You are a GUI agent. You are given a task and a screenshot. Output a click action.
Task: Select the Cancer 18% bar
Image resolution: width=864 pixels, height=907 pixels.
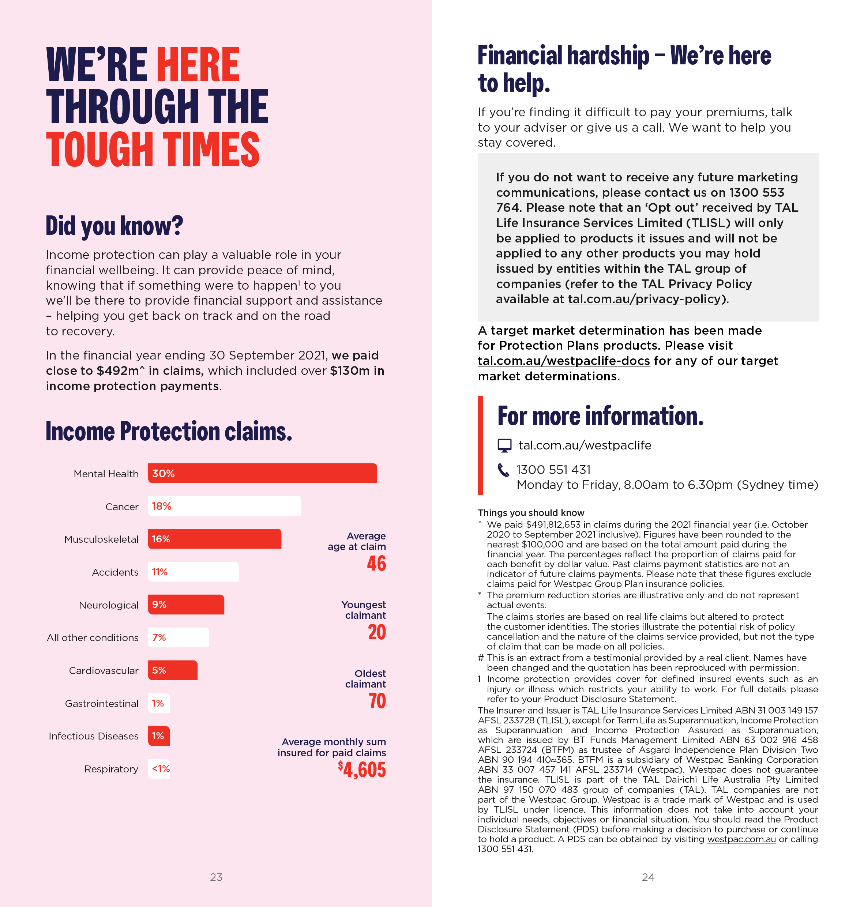click(224, 506)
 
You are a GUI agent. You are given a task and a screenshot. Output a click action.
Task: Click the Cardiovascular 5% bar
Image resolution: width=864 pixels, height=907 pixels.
click(172, 670)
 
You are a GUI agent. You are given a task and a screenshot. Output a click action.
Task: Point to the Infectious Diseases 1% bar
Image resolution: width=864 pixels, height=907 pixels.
click(158, 736)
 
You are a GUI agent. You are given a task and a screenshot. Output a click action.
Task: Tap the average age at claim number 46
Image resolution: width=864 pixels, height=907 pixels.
click(376, 564)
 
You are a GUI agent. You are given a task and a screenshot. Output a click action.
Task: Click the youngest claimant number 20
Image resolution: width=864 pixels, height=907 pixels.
click(376, 632)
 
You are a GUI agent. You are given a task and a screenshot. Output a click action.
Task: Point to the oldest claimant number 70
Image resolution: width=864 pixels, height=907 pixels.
click(377, 701)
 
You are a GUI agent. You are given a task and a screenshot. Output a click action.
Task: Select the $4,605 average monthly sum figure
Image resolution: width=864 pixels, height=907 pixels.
click(362, 769)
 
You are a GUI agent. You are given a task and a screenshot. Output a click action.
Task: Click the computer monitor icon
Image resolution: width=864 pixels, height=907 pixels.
click(504, 445)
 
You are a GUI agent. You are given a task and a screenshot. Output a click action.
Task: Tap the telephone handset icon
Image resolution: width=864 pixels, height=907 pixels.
click(503, 470)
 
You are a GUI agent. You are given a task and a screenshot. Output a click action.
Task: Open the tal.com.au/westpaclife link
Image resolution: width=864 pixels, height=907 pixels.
click(585, 445)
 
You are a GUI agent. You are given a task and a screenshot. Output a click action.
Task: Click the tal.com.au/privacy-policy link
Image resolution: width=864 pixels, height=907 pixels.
click(644, 299)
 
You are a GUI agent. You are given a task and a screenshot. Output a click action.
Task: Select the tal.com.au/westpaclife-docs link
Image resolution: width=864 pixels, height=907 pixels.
click(564, 361)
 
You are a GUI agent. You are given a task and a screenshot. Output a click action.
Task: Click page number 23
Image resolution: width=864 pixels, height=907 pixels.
click(216, 877)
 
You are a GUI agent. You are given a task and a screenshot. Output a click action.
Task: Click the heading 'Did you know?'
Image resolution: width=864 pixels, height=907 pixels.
click(114, 226)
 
